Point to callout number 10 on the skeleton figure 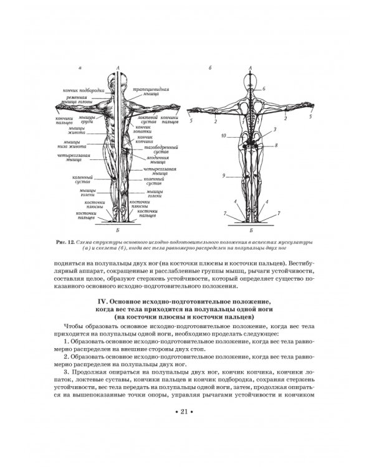[x=223, y=134]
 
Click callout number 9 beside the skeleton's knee [x=223, y=176]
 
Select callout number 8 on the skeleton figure [x=276, y=144]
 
